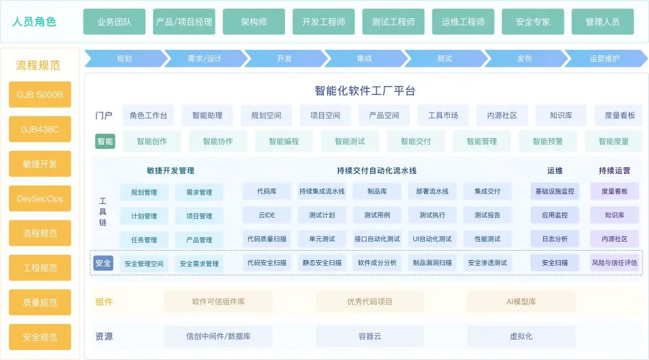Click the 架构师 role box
[x=254, y=22]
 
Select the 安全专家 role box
[x=532, y=22]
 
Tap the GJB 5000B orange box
[x=40, y=94]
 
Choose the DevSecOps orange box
[x=40, y=198]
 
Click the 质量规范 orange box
[x=40, y=302]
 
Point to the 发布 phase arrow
[x=525, y=58]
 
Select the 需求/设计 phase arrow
[x=204, y=58]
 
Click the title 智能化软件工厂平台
[x=365, y=91]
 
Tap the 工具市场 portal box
[x=443, y=115]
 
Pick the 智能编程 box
[x=284, y=141]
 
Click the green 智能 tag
[x=105, y=141]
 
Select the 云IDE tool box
[x=267, y=215]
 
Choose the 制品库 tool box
[x=377, y=191]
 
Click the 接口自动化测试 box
[x=377, y=239]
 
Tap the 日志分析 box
[x=555, y=239]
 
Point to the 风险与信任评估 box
[x=614, y=263]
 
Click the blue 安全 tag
[x=103, y=263]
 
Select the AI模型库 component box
[x=521, y=302]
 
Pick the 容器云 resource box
[x=370, y=336]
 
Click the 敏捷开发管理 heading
[x=171, y=171]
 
